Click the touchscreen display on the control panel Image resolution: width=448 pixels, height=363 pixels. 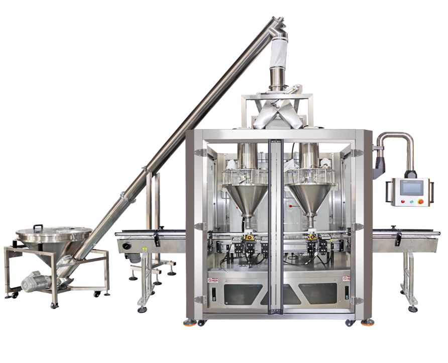coord(411,188)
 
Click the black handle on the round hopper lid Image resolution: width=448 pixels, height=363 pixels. coord(38,227)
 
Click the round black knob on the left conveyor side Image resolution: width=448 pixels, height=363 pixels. coord(126,246)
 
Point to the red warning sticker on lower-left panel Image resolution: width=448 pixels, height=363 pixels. coord(212,278)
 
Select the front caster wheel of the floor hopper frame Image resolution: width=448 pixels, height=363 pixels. coord(54,304)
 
